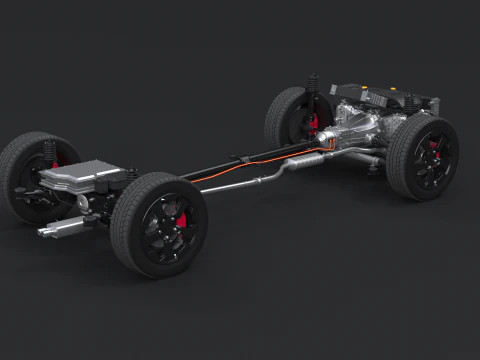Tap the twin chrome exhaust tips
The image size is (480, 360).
coord(52,231)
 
